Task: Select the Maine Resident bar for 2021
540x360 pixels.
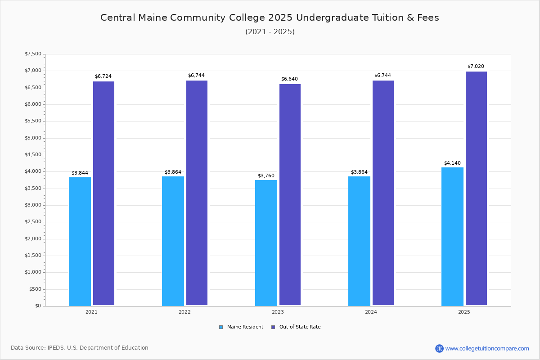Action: coord(80,242)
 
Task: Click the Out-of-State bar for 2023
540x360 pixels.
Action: coord(290,195)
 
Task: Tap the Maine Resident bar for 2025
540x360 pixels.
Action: coord(452,237)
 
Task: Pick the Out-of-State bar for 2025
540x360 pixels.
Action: coord(476,189)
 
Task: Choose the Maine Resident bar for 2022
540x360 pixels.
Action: coord(173,241)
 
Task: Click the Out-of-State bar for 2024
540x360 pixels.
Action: coord(383,193)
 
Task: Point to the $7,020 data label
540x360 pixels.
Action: coord(476,66)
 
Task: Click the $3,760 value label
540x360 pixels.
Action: coord(266,175)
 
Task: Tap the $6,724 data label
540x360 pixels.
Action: coord(103,76)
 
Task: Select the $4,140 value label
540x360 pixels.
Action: coord(452,163)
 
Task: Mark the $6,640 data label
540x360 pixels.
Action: coord(289,79)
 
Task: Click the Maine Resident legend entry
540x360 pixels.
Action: coord(241,327)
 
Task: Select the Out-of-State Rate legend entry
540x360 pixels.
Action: coord(296,327)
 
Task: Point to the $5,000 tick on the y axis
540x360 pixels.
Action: coord(33,138)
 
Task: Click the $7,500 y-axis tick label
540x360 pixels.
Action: coord(33,54)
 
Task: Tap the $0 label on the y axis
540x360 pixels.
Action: coord(38,306)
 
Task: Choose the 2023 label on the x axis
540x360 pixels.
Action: coord(278,312)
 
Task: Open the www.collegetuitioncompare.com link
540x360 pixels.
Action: coord(487,348)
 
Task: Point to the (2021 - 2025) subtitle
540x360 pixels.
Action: coord(270,32)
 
